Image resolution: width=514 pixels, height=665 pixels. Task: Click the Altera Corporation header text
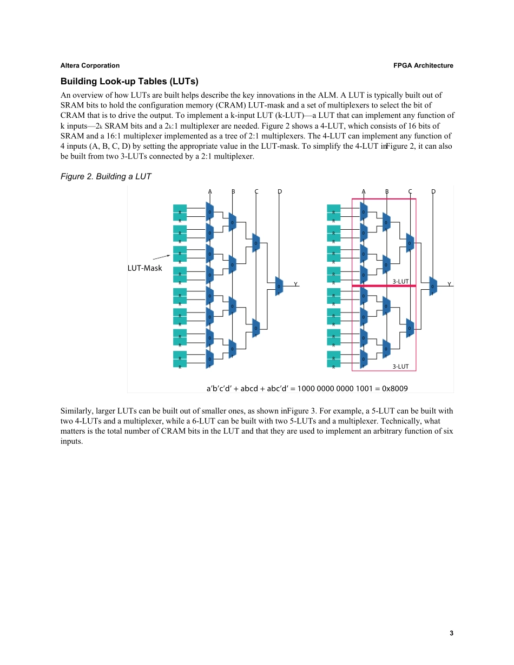pos(90,65)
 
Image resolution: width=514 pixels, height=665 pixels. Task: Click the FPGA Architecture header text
pos(424,65)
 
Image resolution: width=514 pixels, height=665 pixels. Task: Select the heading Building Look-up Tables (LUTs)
pos(129,82)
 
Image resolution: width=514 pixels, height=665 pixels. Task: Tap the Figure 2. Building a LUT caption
pos(106,176)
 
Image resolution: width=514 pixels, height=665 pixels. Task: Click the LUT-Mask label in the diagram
pos(144,268)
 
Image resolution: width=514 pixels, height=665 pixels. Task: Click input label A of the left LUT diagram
pos(210,191)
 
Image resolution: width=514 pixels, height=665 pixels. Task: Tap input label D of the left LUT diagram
pos(280,191)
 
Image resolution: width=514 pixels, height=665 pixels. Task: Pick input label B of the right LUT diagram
pos(387,191)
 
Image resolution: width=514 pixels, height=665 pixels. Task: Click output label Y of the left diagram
pos(295,284)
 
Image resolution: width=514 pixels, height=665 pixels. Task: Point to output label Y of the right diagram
pos(449,284)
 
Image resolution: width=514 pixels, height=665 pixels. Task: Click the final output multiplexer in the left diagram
pos(279,286)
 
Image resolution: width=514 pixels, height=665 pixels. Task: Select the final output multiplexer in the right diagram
pos(433,286)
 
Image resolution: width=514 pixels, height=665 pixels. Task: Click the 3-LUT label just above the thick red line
pos(400,281)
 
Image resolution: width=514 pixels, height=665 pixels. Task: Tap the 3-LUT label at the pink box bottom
pos(400,366)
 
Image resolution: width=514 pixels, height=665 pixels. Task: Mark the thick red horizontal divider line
pos(384,285)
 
